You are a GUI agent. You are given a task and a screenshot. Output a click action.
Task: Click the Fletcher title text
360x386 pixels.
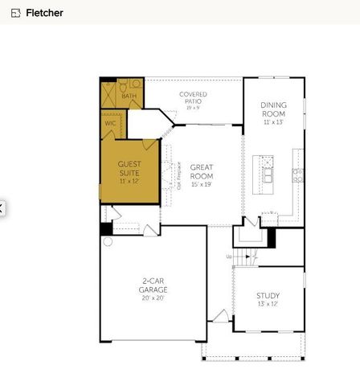pos(44,13)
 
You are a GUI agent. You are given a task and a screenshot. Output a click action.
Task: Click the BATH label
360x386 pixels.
pos(129,96)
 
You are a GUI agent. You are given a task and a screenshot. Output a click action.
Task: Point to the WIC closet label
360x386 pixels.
pos(110,123)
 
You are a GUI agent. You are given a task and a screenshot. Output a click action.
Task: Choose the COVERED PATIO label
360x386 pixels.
pos(193,98)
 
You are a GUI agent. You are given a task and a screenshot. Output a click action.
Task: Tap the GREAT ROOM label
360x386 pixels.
pos(202,171)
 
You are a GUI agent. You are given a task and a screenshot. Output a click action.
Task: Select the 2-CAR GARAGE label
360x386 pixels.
pos(153,285)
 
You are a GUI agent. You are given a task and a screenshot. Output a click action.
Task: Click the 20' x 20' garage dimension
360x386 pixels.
pos(153,298)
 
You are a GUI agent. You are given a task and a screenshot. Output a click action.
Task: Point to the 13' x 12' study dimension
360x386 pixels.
pos(268,305)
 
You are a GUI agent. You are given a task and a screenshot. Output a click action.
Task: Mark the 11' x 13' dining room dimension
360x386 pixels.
pos(274,123)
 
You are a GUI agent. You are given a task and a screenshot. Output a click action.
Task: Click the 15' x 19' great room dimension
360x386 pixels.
pos(202,185)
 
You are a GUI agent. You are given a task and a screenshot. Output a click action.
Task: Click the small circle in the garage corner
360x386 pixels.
pos(108,240)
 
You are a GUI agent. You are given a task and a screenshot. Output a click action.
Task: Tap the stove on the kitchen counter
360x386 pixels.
pos(298,173)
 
